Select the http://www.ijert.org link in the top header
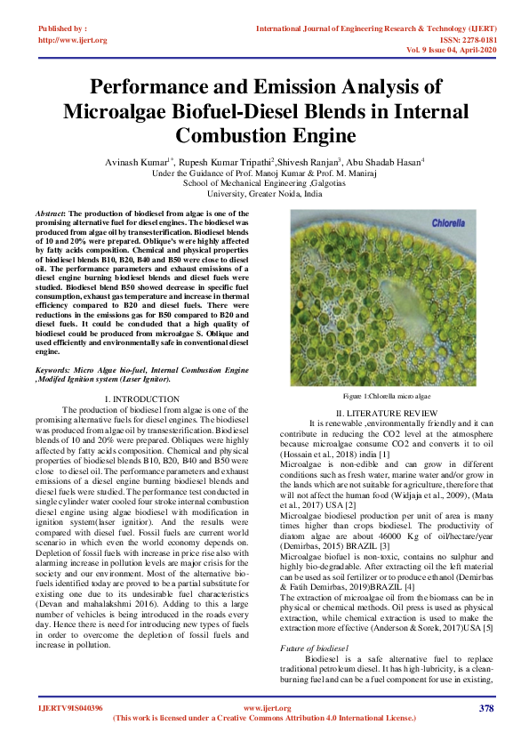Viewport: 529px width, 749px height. (x=72, y=40)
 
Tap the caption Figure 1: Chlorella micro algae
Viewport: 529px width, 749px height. (x=386, y=394)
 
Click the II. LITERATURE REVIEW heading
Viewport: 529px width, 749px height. (x=386, y=412)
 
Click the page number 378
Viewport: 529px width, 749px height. (x=485, y=708)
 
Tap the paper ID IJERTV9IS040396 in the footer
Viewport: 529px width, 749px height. (x=70, y=708)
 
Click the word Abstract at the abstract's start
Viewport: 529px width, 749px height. (x=50, y=215)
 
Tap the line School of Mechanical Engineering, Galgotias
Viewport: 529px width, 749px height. (x=263, y=182)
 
